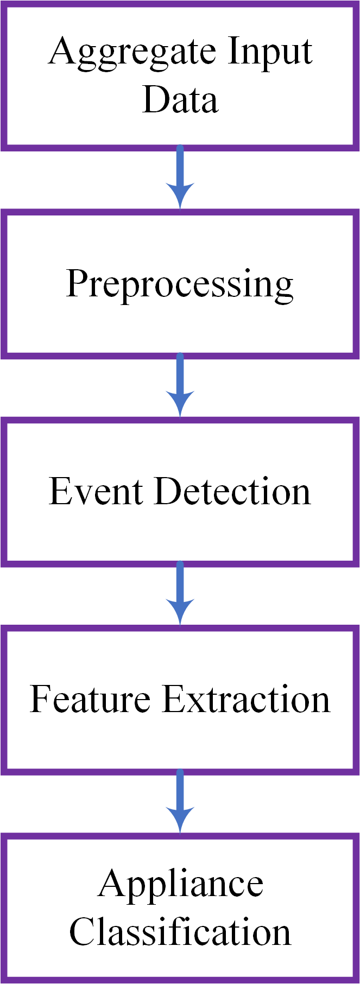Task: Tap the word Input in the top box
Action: coord(270,52)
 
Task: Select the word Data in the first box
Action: coord(180,100)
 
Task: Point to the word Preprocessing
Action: coord(180,284)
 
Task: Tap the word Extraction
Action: coord(246,699)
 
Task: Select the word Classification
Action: coord(180,932)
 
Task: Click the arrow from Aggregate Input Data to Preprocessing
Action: coord(180,177)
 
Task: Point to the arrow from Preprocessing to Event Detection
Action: coord(180,385)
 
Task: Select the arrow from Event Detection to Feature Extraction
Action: coord(180,593)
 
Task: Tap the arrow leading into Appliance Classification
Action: coord(180,801)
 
